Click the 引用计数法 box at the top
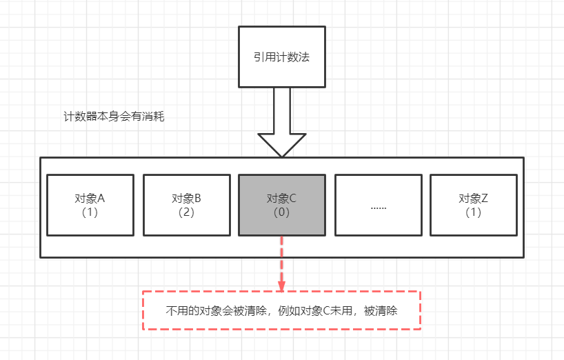coord(281,57)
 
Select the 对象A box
coord(90,205)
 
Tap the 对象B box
coord(186,205)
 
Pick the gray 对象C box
coord(281,205)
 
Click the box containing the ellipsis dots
coord(378,205)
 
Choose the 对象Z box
coord(473,205)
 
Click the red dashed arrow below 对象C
coord(281,266)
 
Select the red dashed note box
coord(281,310)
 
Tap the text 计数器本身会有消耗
coord(114,116)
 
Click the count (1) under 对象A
coord(90,212)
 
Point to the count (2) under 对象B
coord(186,212)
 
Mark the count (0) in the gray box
coord(281,212)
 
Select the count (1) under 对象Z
coord(473,212)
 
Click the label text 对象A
coord(90,199)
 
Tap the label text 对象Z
coord(473,199)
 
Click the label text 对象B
coord(186,199)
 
